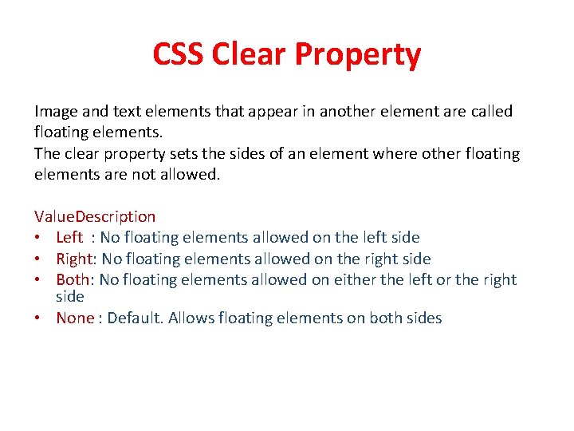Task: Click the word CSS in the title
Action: pos(179,55)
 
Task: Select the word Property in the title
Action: pos(358,56)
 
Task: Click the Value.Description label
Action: pos(95,216)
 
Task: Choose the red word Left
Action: pos(69,237)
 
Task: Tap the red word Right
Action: pos(73,259)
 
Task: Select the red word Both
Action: pos(73,279)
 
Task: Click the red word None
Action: pos(75,318)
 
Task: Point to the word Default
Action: pos(136,318)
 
